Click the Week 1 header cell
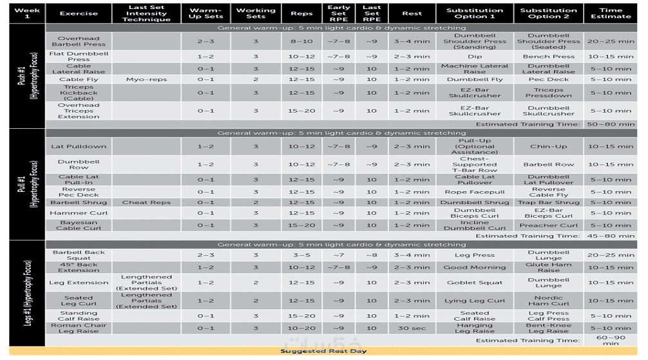[x=27, y=14]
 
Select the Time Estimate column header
[x=611, y=14]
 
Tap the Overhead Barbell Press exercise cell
[x=79, y=41]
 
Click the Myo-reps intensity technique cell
[x=146, y=80]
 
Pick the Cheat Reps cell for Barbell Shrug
[x=146, y=202]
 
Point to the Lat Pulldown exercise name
[x=79, y=147]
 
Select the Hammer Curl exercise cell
[x=79, y=213]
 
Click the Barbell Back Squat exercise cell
[x=79, y=255]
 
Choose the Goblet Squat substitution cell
[x=475, y=283]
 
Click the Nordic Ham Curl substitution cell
[x=549, y=301]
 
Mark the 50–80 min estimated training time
[x=611, y=124]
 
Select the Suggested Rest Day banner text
[x=323, y=352]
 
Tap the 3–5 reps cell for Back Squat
[x=301, y=255]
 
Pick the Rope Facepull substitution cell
[x=475, y=192]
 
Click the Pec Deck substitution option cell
[x=549, y=80]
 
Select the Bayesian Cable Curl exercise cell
[x=79, y=225]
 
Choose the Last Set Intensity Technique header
[x=146, y=14]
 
